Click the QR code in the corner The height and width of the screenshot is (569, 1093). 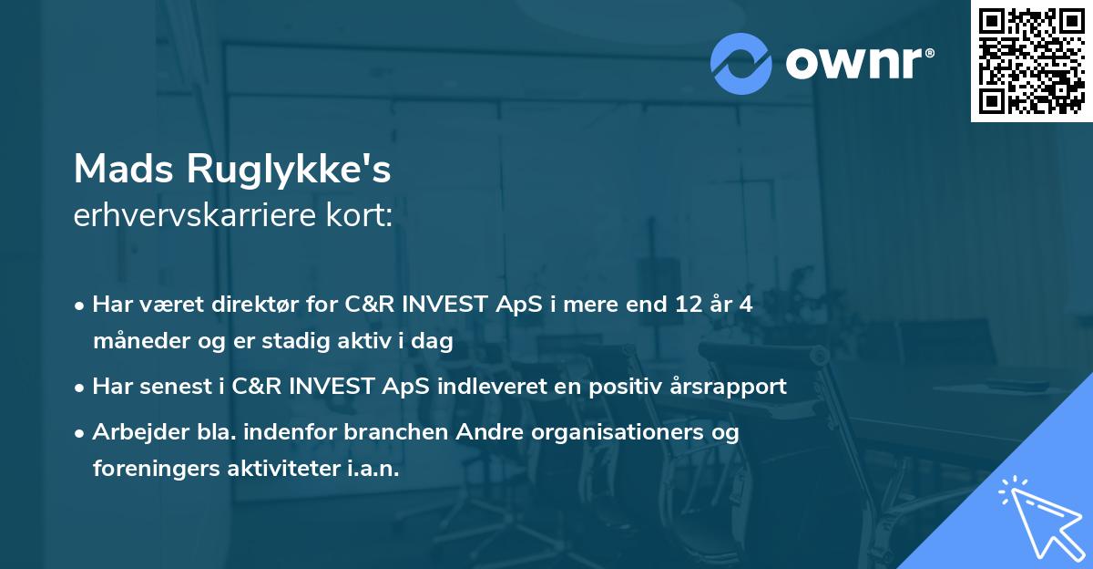[1031, 60]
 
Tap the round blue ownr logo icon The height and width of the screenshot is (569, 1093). [741, 63]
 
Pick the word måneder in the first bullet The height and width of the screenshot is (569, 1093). [135, 342]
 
